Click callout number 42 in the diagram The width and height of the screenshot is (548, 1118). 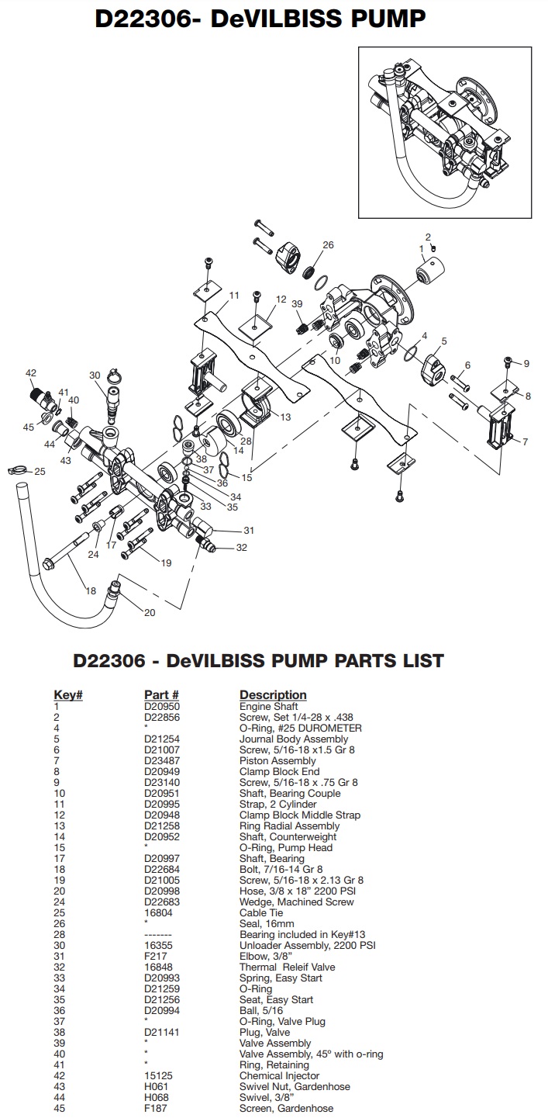[x=31, y=373]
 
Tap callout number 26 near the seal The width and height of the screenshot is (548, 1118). [x=328, y=245]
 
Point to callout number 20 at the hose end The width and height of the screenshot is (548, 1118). [x=149, y=613]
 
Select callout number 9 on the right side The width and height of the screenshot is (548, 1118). [x=526, y=363]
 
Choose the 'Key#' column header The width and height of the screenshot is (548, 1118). [x=67, y=694]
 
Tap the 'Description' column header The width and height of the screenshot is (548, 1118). [x=273, y=694]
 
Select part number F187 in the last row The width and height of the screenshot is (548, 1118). [x=155, y=1109]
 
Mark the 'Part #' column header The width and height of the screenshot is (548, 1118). [x=162, y=694]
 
